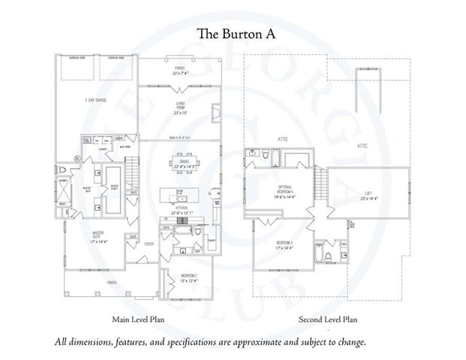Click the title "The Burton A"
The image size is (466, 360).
[x=233, y=34]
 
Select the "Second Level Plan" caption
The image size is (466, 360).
[x=327, y=319]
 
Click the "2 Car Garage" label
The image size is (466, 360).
[x=93, y=100]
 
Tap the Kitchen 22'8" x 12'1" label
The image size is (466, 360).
[x=180, y=211]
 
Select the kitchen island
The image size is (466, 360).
[x=180, y=196]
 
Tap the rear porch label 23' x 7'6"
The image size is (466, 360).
[x=180, y=71]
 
